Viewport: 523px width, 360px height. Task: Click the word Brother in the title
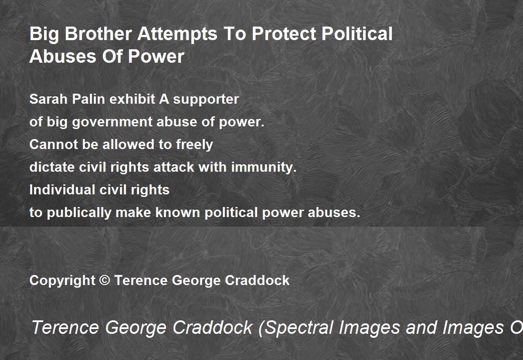click(x=98, y=34)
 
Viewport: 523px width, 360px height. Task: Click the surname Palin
click(x=88, y=99)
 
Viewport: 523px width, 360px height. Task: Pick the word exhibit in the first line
click(x=132, y=99)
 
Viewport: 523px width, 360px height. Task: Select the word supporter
click(x=206, y=100)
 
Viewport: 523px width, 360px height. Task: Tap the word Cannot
click(x=54, y=145)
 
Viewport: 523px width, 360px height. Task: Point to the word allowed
click(x=128, y=145)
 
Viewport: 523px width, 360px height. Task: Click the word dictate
click(x=52, y=167)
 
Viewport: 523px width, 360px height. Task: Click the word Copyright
click(x=62, y=281)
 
